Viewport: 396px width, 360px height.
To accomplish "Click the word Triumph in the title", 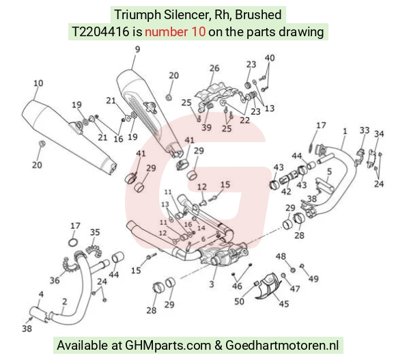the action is click(x=138, y=14).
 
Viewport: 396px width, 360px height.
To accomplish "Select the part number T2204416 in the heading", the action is click(x=100, y=32).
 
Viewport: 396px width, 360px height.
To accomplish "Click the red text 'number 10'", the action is click(x=175, y=32).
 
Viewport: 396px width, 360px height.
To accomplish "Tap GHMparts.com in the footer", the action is click(x=168, y=345).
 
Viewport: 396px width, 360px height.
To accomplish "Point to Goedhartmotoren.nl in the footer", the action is click(x=282, y=345).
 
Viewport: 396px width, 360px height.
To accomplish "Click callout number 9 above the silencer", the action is click(x=137, y=49).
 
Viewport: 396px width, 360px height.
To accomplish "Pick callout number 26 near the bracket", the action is click(x=214, y=68).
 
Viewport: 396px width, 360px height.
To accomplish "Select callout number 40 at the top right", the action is click(x=270, y=58).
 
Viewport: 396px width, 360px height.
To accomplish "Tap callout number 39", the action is click(x=206, y=127).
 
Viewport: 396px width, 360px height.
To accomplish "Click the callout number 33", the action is click(x=365, y=130).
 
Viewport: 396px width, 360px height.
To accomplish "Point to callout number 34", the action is click(x=379, y=134).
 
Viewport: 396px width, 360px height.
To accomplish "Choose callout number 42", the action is click(x=286, y=191).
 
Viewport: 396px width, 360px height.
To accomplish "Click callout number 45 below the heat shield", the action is click(x=283, y=303).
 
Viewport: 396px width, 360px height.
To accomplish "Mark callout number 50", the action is click(x=239, y=301).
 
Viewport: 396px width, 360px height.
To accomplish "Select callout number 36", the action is click(x=55, y=280).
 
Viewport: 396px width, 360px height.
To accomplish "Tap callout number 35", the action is click(x=95, y=232).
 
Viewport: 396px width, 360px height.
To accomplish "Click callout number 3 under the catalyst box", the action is click(x=212, y=284).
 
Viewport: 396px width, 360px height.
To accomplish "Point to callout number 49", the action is click(x=313, y=279).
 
